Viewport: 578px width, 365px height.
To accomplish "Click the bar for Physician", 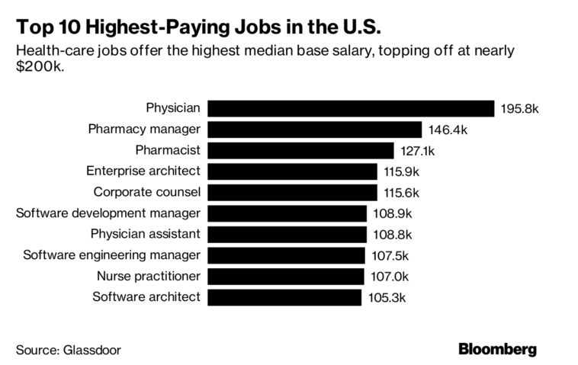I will coord(351,109).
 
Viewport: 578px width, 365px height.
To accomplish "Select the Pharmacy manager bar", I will coord(314,130).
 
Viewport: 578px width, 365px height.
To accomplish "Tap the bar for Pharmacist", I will coord(300,151).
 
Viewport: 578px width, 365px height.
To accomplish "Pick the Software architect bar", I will coord(284,296).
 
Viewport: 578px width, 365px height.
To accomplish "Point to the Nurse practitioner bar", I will coord(285,276).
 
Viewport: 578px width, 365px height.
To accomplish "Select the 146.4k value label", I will coord(448,130).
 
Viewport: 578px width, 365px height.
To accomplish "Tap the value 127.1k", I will coord(419,151).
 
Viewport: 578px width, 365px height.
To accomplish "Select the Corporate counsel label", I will coord(146,192).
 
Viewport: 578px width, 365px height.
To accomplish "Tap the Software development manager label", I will coord(108,213).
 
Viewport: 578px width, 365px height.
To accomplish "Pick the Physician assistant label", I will coord(145,234).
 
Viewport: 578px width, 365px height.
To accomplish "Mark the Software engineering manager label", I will coord(111,255).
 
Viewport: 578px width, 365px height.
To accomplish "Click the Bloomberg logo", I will coord(497,349).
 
